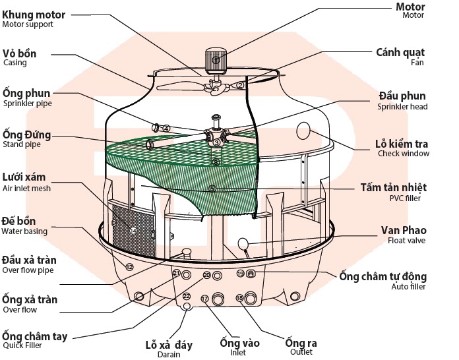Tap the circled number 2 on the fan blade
coord(240,84)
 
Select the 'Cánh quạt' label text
coord(400,52)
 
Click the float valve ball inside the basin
coord(243,245)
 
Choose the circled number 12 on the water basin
coord(129,267)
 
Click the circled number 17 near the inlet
coord(204,299)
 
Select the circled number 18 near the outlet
coord(239,299)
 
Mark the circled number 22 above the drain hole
coord(186,296)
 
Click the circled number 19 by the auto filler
coord(240,273)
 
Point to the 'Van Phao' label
coord(404,231)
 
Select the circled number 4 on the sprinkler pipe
coord(167,129)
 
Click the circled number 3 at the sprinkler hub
coord(216,142)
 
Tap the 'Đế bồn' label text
coord(19,221)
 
